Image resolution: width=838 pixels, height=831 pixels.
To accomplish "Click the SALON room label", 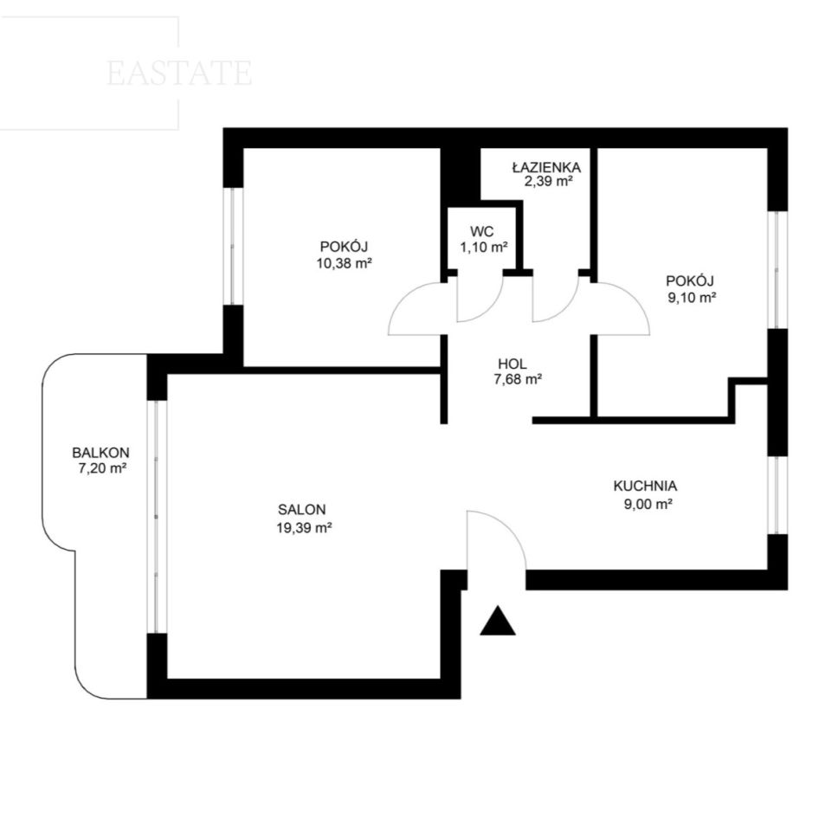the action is [x=301, y=509].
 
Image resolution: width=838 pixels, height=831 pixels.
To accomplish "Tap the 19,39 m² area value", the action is [x=304, y=528].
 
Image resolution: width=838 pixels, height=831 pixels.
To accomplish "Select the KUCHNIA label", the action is [x=645, y=486].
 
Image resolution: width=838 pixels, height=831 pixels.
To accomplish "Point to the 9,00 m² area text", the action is [x=648, y=504].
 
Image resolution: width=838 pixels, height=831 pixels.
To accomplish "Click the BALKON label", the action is [x=100, y=453].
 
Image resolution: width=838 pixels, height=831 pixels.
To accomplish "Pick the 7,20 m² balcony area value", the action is [x=101, y=468].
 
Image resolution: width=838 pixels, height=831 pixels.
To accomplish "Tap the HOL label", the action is [x=512, y=364].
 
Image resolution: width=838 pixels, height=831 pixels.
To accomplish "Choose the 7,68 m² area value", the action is [x=518, y=379].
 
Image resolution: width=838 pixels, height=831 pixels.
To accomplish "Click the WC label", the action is [x=481, y=231].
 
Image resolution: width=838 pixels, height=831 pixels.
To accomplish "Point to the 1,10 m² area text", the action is [x=484, y=247].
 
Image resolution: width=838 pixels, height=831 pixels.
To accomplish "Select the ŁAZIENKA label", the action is [x=546, y=167].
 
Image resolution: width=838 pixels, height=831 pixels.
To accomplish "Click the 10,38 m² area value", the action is [x=345, y=263].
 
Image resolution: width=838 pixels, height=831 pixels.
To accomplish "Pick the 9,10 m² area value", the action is [x=692, y=298].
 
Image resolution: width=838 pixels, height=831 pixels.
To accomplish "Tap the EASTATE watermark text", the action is [x=179, y=74].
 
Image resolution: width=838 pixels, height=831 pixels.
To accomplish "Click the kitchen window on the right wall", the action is [x=777, y=495].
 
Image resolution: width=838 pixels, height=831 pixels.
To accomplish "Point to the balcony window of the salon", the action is [x=158, y=516].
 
